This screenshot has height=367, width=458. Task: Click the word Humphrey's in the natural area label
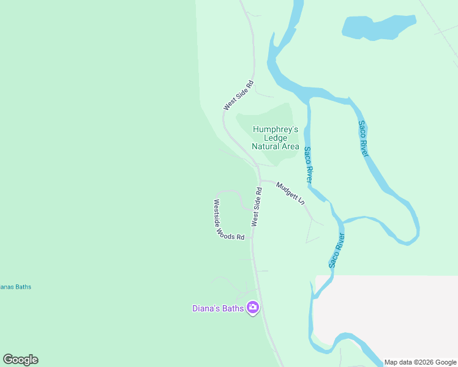[276, 130]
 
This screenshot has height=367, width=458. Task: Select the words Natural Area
[276, 147]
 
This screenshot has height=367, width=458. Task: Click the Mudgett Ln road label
[290, 192]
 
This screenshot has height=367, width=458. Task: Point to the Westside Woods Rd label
[228, 220]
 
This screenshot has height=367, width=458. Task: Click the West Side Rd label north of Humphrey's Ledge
[238, 95]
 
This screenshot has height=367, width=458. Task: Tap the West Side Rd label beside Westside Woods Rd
[257, 207]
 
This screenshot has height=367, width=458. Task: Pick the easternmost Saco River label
[363, 138]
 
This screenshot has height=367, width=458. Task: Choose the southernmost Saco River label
[337, 250]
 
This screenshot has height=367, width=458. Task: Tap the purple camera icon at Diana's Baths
[252, 308]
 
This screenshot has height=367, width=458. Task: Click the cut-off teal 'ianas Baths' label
[15, 287]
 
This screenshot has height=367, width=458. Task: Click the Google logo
[20, 360]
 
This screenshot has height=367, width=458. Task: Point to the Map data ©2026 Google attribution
[420, 362]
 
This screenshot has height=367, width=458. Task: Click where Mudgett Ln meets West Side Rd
[260, 181]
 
